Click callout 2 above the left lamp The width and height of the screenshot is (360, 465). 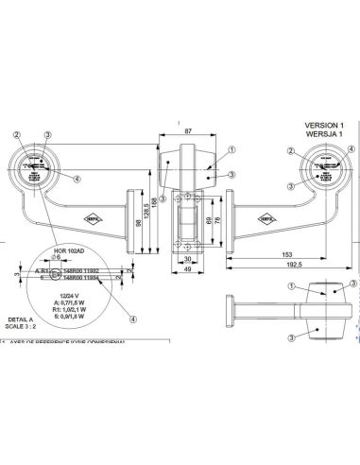[x=16, y=136]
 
